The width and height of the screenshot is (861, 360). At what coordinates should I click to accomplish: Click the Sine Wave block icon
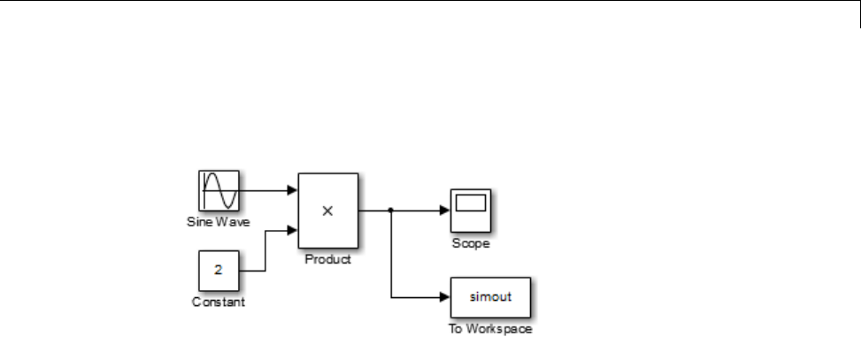coord(218,190)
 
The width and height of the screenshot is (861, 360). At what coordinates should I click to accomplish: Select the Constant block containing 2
coord(218,271)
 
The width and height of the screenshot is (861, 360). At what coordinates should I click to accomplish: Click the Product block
coord(327,211)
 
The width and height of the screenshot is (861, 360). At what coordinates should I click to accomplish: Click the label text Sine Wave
coord(219,222)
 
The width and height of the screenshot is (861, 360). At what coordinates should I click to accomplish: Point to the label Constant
coord(218,303)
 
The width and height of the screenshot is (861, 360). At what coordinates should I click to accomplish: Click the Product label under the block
coord(327,260)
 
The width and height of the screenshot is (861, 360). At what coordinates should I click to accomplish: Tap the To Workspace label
coord(490,331)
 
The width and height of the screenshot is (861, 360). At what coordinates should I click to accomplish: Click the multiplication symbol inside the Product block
coord(327,211)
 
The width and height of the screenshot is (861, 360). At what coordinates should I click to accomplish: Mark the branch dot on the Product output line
coord(390,211)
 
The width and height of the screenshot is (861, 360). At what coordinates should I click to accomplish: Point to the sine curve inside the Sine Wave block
coord(218,189)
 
